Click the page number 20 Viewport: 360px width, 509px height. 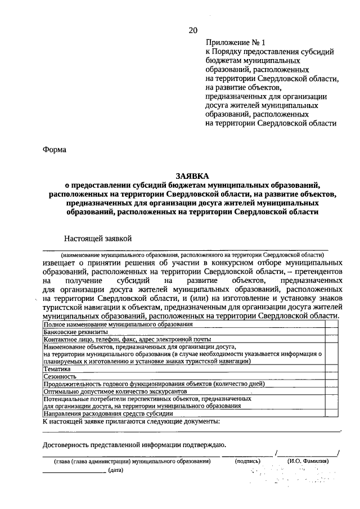point(193,30)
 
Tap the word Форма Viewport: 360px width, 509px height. point(55,150)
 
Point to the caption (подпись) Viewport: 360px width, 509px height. point(247,461)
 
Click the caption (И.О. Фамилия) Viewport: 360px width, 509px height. point(308,461)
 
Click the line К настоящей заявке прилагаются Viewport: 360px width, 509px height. point(131,421)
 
